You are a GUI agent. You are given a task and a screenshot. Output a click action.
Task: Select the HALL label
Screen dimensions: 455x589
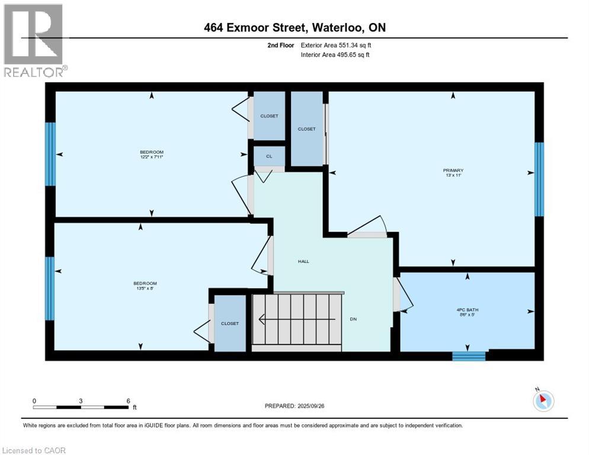(303, 261)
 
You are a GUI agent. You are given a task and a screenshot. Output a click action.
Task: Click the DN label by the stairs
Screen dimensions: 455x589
(353, 319)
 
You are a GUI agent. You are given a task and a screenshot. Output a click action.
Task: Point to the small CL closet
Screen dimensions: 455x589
(269, 156)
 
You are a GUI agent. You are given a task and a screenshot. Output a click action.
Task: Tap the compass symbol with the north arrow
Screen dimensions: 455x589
(543, 400)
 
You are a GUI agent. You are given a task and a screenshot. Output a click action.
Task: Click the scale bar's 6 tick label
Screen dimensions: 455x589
(129, 400)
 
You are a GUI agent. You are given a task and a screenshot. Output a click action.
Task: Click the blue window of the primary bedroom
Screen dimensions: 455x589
(539, 180)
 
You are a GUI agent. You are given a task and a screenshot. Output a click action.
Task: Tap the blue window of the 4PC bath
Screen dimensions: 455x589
(469, 356)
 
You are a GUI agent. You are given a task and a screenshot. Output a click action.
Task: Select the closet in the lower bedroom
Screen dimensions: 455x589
(230, 323)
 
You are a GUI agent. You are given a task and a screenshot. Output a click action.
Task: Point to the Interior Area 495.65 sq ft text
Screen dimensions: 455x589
(336, 55)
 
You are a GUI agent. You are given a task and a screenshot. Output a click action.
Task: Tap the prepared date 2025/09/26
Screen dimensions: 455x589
(294, 406)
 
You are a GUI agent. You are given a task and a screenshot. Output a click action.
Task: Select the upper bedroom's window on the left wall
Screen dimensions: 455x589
(50, 154)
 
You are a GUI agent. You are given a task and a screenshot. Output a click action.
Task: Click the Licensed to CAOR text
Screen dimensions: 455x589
(34, 450)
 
